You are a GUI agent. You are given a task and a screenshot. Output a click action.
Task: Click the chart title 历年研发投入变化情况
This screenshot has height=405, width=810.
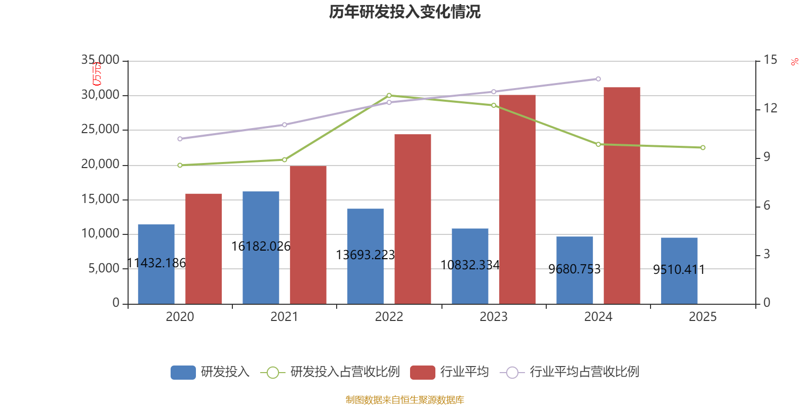point(404,12)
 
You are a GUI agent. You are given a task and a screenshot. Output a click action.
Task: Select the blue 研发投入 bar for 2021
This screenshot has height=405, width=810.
point(261,223)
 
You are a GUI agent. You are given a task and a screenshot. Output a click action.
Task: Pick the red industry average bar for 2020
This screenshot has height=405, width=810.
point(204,248)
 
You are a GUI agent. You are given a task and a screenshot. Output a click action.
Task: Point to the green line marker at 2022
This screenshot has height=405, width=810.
point(389,95)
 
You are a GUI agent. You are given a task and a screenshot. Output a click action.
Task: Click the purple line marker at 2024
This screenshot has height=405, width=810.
point(598,79)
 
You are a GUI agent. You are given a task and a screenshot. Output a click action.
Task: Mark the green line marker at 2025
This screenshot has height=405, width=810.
point(703,148)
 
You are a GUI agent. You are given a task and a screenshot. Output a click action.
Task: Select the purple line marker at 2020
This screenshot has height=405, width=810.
point(180,139)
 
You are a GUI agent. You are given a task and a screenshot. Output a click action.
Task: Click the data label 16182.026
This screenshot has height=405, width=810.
point(261,247)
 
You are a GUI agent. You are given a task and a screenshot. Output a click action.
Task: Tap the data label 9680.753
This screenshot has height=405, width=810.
point(575,269)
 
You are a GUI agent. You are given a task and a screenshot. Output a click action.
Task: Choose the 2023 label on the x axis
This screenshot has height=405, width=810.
point(493,317)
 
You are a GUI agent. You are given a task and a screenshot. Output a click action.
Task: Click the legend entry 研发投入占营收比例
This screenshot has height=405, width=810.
point(345,372)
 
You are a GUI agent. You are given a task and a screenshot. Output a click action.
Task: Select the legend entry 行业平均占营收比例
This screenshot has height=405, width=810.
point(584,372)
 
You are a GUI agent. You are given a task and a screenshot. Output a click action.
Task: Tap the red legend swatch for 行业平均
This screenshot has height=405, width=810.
point(422,373)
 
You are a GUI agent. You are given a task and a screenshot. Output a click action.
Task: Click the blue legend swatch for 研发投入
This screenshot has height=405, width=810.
point(183,373)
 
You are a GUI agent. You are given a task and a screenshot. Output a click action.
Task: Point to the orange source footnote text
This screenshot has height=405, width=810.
point(404,400)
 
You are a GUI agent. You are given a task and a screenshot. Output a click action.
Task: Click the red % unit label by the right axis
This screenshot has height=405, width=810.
point(795,62)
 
